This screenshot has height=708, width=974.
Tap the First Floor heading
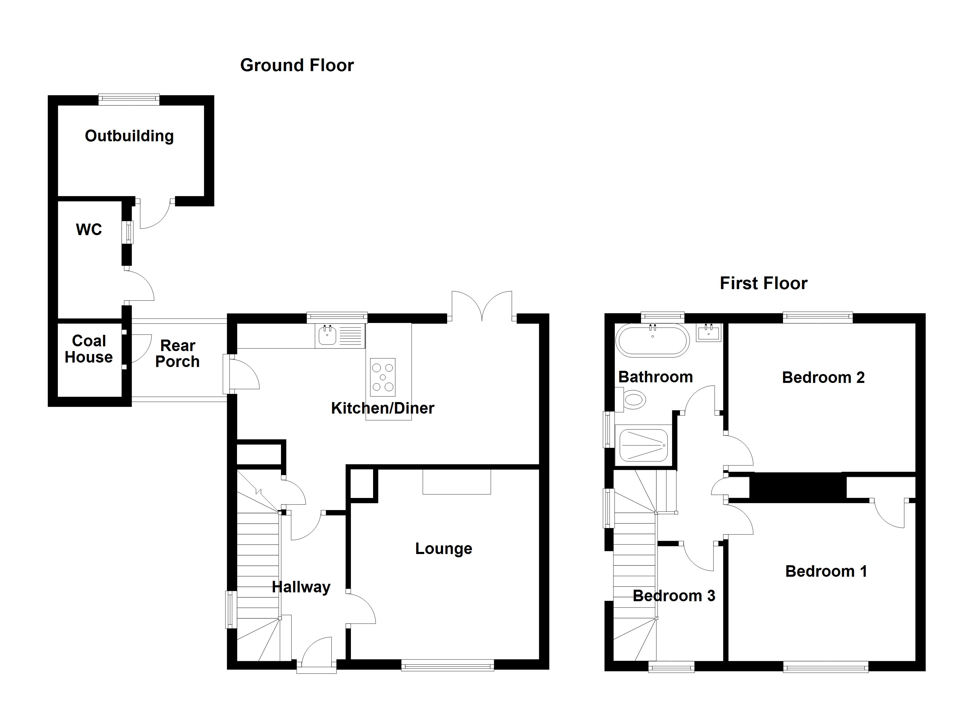tap(763, 283)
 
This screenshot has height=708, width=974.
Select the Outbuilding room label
tap(129, 136)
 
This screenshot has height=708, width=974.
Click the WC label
tap(89, 230)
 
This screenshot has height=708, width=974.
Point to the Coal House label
tap(89, 349)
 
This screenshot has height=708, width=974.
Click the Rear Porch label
tap(177, 354)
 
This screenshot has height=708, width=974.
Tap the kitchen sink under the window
tap(328, 335)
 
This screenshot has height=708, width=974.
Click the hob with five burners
tap(383, 377)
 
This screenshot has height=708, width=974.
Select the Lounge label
tap(444, 549)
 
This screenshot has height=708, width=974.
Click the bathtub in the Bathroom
tap(652, 340)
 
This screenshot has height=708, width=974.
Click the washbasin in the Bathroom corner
tap(708, 333)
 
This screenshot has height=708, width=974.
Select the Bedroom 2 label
tap(823, 377)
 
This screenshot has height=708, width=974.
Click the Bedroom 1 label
tap(826, 571)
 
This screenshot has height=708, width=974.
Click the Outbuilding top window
tap(129, 100)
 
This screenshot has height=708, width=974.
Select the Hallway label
tap(301, 587)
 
